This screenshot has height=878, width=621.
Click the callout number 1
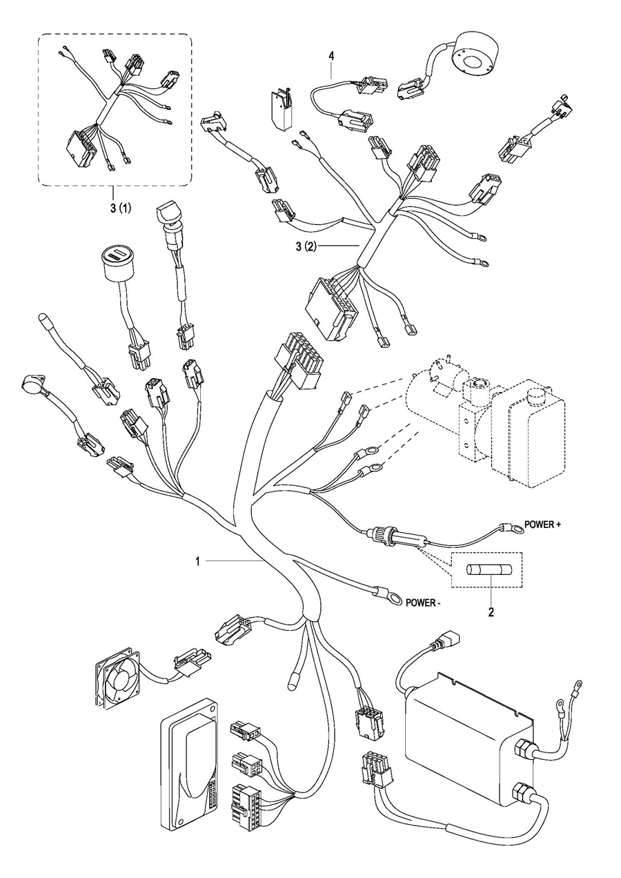pyautogui.click(x=198, y=562)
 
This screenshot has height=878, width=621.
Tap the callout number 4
pyautogui.click(x=332, y=56)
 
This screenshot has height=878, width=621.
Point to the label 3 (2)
pyautogui.click(x=306, y=247)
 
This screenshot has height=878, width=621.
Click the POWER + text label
pyautogui.click(x=542, y=525)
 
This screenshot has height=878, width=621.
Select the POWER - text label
pyautogui.click(x=423, y=603)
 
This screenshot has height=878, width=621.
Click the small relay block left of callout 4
pyautogui.click(x=281, y=108)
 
